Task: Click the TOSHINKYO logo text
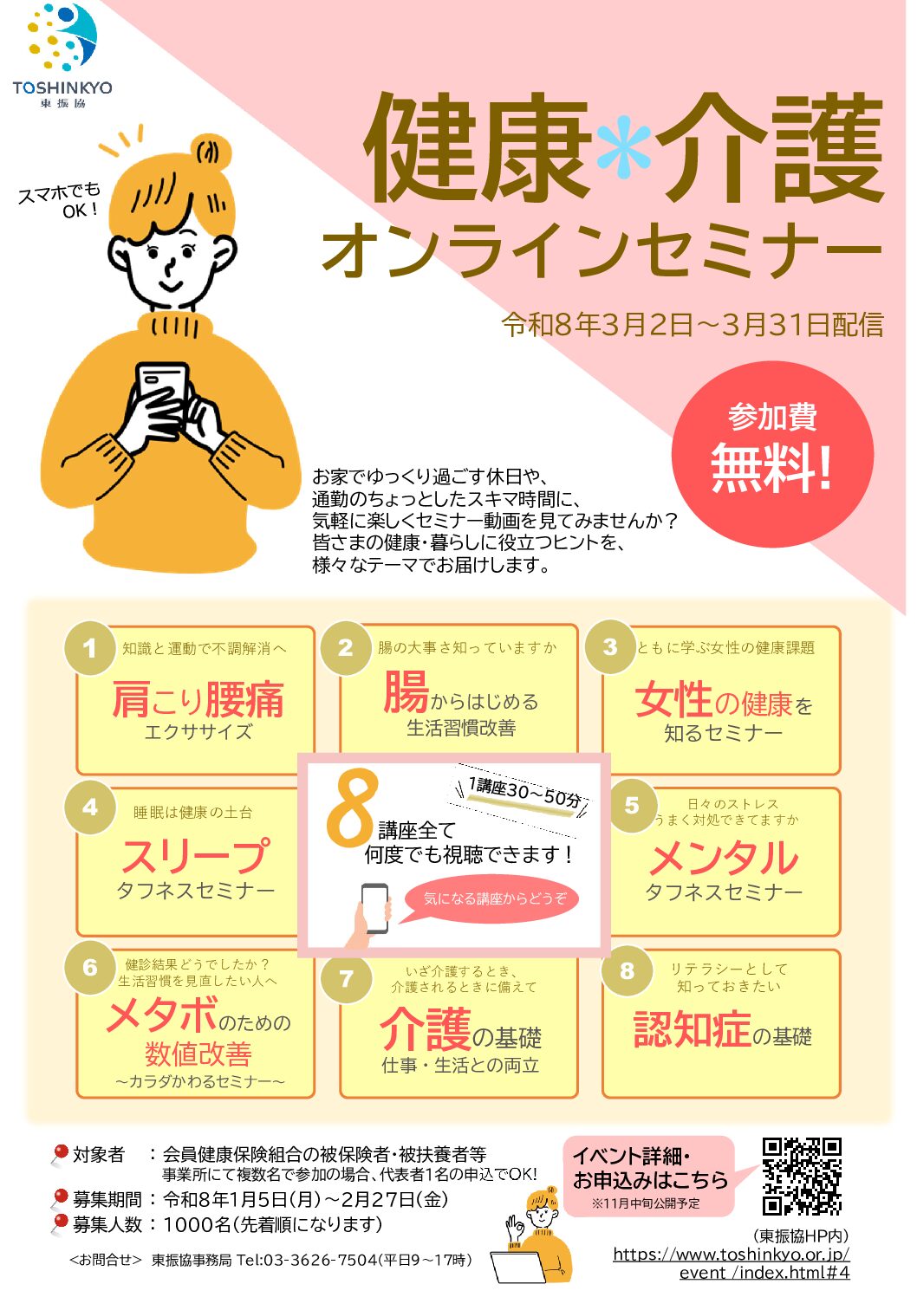click(x=62, y=88)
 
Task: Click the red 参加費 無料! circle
click(x=772, y=454)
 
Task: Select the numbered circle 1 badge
click(x=90, y=648)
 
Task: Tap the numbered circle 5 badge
click(x=632, y=806)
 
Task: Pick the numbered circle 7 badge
click(x=347, y=978)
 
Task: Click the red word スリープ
click(x=196, y=856)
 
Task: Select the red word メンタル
click(x=724, y=858)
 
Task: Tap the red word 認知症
click(x=693, y=1029)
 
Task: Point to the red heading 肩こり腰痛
click(x=198, y=699)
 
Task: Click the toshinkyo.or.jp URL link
click(x=731, y=1263)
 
